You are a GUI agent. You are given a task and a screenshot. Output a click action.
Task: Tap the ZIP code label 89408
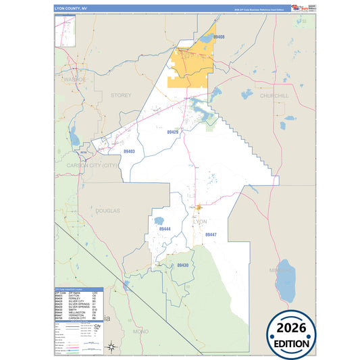(218, 36)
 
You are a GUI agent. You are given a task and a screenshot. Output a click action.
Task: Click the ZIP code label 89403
(129, 151)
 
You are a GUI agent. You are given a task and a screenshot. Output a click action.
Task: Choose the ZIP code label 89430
(182, 265)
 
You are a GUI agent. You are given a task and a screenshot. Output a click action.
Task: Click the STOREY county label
(121, 96)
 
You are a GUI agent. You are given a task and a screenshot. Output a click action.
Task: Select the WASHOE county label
(75, 79)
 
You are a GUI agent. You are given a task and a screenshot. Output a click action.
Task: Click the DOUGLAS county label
(107, 211)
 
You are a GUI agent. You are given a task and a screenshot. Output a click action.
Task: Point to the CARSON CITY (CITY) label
(93, 164)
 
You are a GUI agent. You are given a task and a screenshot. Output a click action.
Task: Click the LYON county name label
(200, 222)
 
